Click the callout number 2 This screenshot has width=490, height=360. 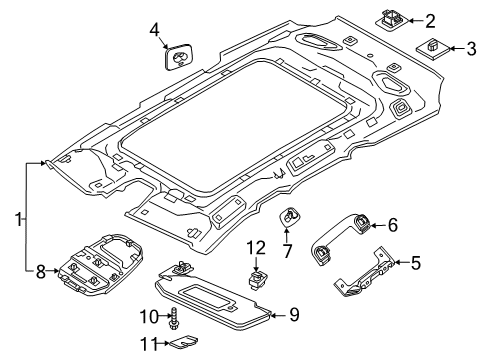430,21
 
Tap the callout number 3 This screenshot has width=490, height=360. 471,49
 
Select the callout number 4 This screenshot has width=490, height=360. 154,30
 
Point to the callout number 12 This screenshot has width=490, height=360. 256,248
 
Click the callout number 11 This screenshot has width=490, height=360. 148,344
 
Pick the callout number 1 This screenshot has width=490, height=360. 19,219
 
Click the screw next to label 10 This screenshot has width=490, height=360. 174,319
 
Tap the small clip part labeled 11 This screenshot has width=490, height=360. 184,341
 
